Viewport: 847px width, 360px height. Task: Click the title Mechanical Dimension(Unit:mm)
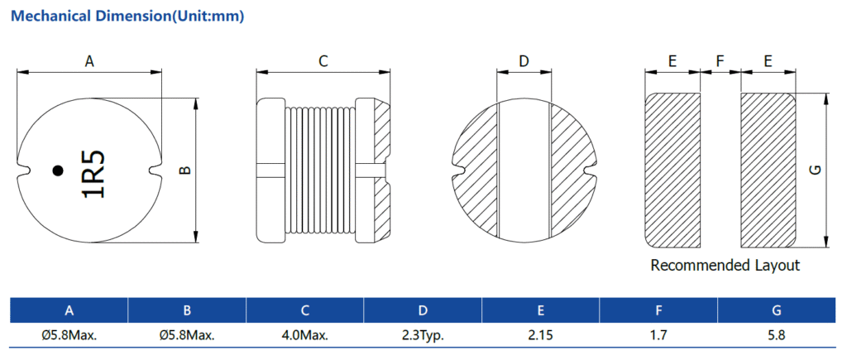coord(127,17)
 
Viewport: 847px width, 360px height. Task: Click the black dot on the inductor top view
coord(58,170)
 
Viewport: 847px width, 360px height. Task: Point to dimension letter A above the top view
coord(89,61)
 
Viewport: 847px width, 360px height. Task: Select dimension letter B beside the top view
coord(185,170)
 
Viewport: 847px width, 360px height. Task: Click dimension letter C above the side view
coord(323,61)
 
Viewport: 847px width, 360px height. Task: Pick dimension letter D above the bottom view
coord(524,61)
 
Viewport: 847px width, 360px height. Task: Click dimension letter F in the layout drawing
coord(720,61)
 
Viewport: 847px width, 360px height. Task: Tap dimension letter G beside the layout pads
coord(816,170)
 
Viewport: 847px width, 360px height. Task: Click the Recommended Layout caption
coord(725,266)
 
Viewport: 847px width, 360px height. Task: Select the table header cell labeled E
coord(541,310)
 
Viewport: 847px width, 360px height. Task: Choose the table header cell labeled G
coord(777,310)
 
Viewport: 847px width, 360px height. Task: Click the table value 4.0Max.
coord(305,336)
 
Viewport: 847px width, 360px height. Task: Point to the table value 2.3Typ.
coord(423,336)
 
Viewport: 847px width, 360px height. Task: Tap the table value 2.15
coord(541,336)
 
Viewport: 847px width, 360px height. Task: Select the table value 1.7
coord(658,336)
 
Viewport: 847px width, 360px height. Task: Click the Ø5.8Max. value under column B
coord(187,336)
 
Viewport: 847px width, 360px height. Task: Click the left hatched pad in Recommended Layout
coord(673,170)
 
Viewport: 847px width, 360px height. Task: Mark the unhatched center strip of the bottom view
coord(524,170)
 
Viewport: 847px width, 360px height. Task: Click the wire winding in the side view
coord(320,170)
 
